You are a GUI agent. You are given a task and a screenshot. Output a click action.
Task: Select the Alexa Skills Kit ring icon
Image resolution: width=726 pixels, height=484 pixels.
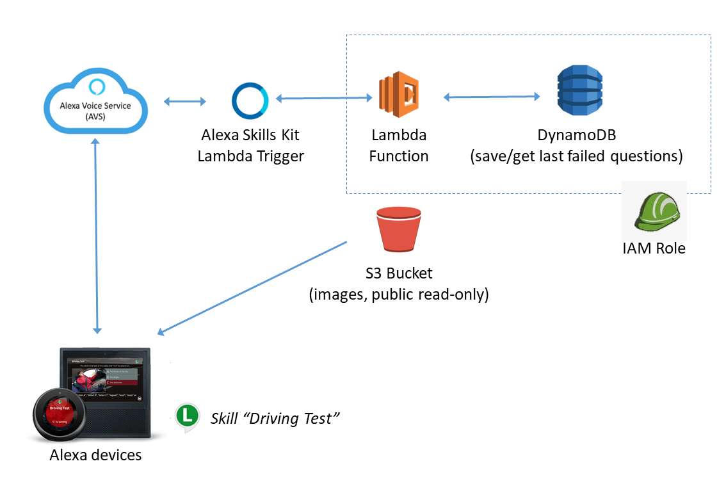251,101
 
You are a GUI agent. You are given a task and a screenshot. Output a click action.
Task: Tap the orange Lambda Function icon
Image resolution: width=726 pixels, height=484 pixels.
398,97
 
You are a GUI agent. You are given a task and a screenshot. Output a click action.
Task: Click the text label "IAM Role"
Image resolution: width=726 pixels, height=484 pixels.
654,248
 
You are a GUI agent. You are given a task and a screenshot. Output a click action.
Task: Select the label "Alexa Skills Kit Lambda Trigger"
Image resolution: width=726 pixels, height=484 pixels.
250,145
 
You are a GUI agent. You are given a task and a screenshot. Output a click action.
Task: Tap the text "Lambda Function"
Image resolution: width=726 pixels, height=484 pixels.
399,145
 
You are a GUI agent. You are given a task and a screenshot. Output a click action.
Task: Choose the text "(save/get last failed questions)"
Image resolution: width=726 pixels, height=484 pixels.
577,156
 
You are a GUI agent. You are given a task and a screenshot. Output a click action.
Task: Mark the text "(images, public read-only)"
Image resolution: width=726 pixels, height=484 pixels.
399,294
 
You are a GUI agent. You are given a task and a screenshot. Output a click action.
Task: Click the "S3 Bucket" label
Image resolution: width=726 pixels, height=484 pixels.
399,273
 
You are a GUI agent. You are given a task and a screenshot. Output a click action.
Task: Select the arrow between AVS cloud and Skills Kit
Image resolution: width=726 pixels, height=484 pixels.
185,101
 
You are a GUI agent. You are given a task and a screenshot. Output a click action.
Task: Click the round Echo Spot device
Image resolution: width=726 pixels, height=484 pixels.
57,415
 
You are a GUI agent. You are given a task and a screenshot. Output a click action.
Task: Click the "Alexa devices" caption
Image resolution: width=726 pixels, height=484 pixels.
95,455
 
